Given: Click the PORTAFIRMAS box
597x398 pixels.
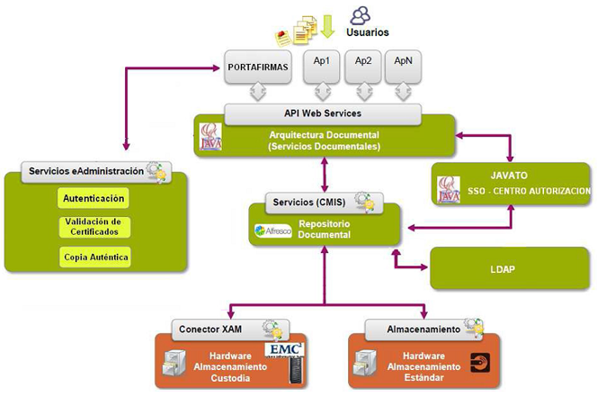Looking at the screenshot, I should point(257,66).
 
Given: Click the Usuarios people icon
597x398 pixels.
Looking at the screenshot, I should point(361,14).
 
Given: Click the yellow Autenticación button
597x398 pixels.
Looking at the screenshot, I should point(94,197).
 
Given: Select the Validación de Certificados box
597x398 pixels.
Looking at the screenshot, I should point(94,227).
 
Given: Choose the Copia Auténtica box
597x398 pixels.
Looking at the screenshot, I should point(94,258).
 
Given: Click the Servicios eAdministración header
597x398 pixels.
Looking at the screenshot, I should point(85,171).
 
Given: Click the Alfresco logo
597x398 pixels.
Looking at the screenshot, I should point(273,231).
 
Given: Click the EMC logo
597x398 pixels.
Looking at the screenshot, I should point(284,349).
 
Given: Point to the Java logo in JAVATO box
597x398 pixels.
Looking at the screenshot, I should point(448,188).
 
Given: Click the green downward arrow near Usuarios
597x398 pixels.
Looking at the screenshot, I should point(327,26).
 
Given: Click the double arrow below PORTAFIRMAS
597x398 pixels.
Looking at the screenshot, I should point(257,92).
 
